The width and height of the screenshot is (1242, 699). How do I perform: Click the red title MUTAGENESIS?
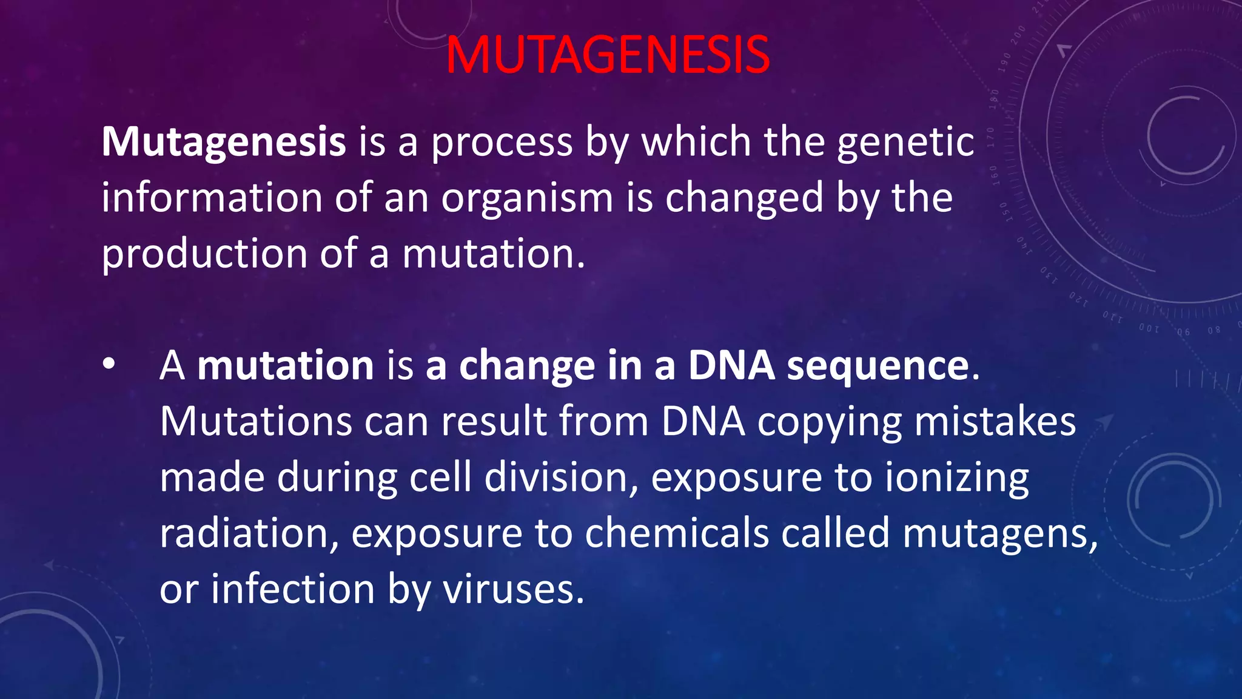tap(608, 55)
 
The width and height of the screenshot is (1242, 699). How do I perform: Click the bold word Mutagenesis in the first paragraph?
tap(223, 143)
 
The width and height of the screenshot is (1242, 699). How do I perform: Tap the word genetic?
tap(905, 143)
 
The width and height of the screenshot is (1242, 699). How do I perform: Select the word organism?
tap(527, 198)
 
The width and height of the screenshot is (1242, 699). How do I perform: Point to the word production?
tap(204, 254)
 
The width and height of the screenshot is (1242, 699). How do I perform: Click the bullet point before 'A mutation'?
tap(109, 365)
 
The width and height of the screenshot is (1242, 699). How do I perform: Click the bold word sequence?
tap(878, 366)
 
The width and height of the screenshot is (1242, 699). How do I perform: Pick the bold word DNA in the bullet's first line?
tap(731, 366)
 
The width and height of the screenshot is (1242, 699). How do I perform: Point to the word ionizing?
tap(956, 478)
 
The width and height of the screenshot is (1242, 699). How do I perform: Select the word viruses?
tap(513, 589)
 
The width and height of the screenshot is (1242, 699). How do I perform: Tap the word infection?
tap(293, 589)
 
